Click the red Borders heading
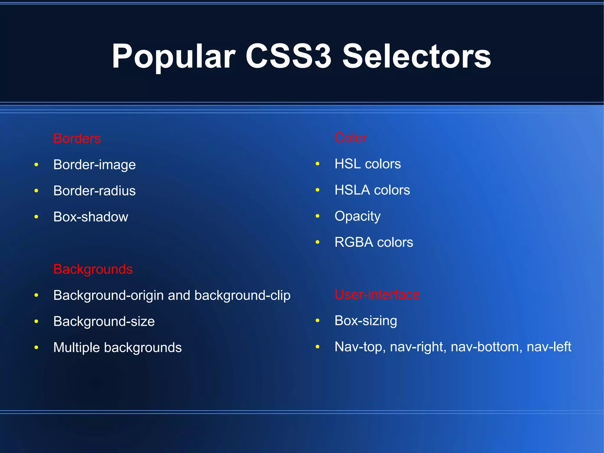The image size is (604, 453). click(77, 138)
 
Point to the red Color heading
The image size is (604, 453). click(351, 138)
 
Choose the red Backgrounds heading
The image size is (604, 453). click(93, 269)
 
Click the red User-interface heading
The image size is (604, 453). click(377, 294)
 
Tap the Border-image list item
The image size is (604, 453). click(94, 165)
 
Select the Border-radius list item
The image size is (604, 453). click(94, 191)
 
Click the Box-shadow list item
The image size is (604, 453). click(91, 217)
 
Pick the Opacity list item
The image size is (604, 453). click(357, 216)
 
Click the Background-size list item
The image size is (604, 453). click(104, 321)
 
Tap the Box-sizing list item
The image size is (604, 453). click(366, 321)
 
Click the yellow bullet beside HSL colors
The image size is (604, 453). click(318, 164)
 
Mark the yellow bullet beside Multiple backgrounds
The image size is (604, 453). click(36, 347)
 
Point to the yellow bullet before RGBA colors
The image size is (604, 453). click(318, 242)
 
